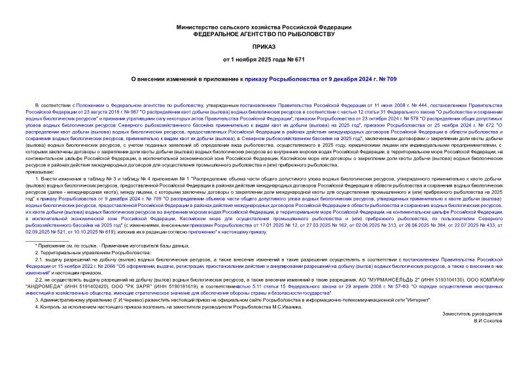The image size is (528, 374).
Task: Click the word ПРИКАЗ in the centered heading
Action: [x=264, y=48]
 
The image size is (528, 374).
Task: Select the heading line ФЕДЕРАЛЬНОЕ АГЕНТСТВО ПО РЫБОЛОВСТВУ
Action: [x=264, y=33]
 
